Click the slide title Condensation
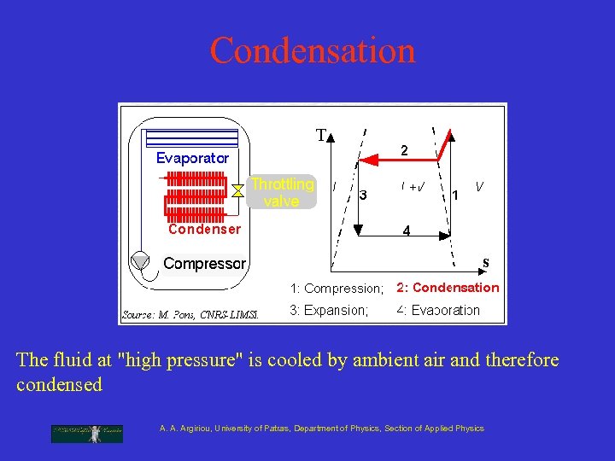313,50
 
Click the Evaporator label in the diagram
192,158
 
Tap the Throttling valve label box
282,192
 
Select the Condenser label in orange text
204,229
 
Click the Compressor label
204,263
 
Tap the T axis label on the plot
321,136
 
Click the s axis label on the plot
485,261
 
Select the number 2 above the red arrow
405,150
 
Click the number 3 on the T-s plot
363,195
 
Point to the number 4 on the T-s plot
406,230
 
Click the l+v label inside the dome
414,187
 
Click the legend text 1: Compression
337,289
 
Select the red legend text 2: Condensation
447,288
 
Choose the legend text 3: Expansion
329,310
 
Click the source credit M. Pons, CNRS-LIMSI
190,314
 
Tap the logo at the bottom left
86,433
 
